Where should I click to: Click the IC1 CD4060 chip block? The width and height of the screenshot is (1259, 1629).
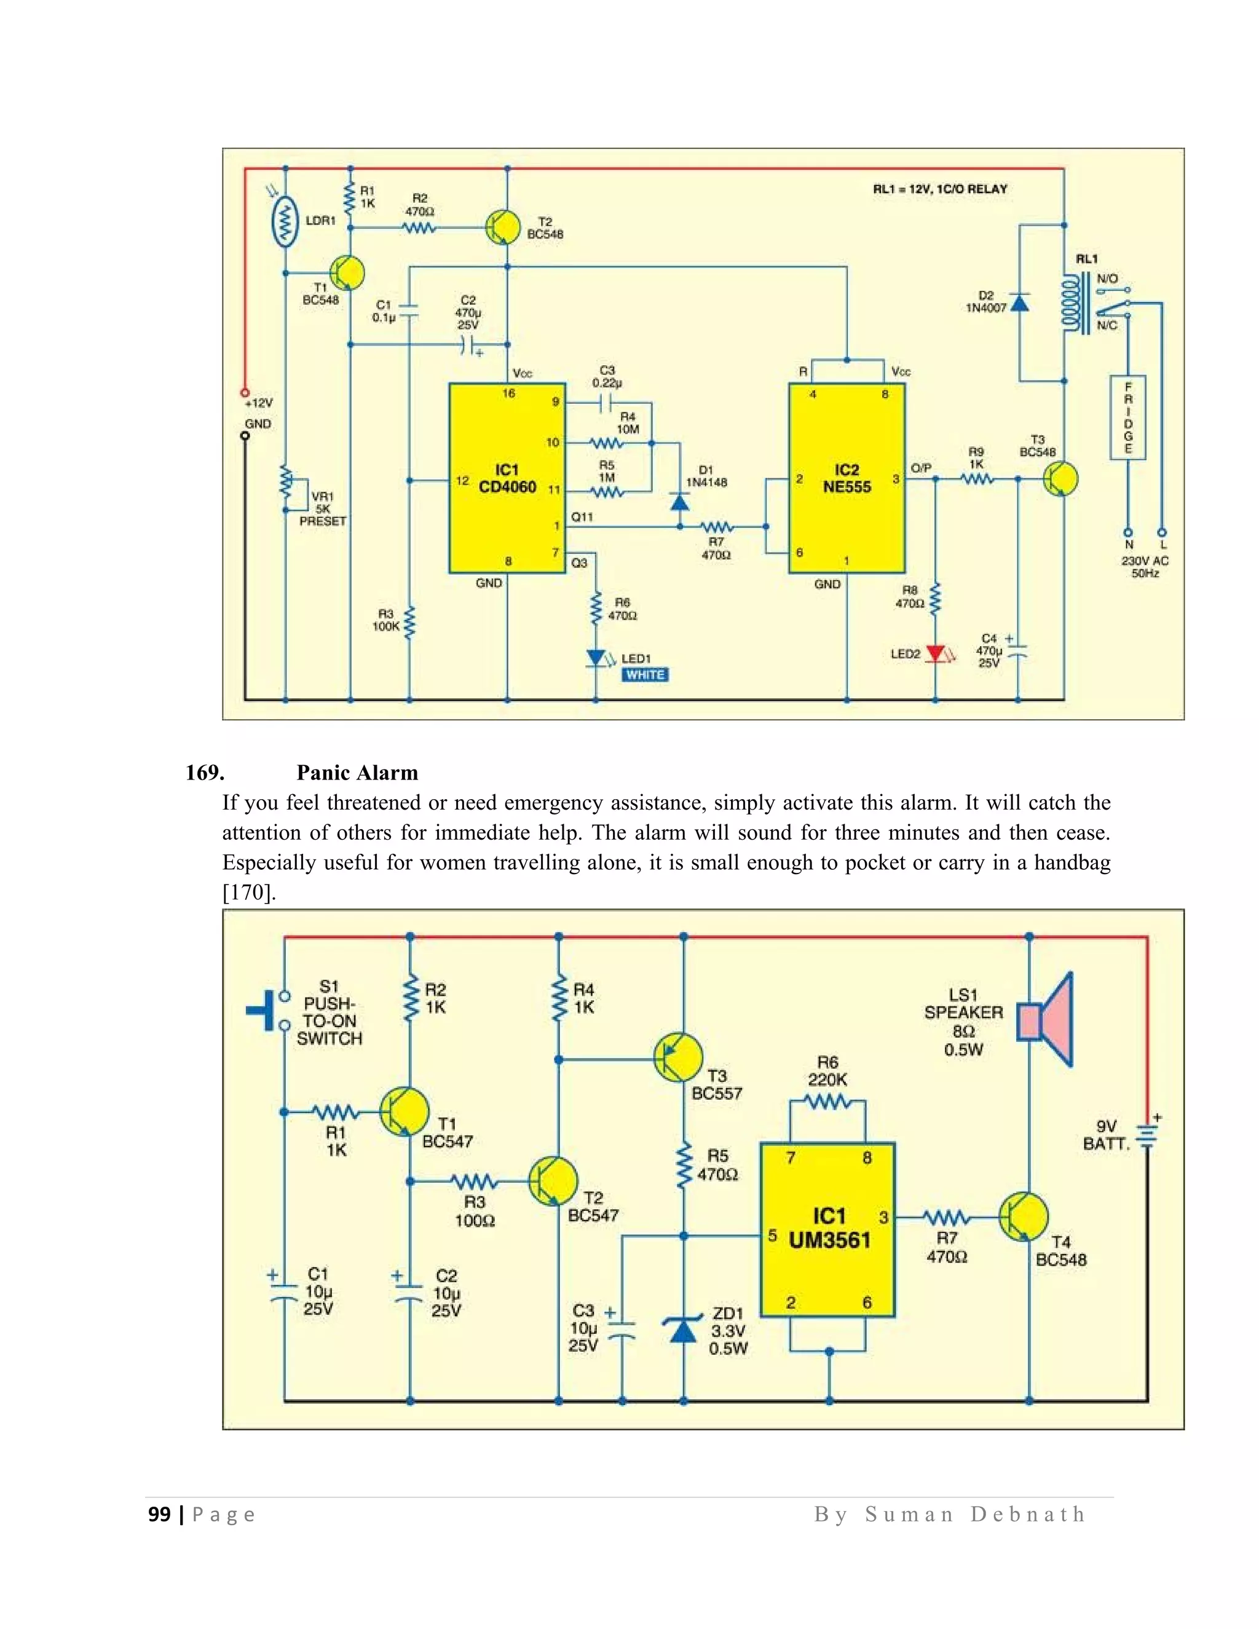(507, 478)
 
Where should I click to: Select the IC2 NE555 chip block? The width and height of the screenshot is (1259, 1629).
(847, 478)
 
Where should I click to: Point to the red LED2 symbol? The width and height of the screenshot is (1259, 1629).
(935, 654)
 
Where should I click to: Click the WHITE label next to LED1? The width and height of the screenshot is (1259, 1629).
(645, 675)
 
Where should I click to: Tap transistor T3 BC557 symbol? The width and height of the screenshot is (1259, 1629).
(677, 1057)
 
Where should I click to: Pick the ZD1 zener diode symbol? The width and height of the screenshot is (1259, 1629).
(683, 1330)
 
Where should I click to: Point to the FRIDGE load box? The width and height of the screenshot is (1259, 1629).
(1127, 417)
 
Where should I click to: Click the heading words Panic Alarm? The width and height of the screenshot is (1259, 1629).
(357, 772)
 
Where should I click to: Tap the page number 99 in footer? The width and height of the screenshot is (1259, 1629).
(159, 1514)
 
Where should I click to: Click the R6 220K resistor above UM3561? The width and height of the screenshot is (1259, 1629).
(827, 1102)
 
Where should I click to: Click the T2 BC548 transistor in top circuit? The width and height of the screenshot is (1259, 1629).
(503, 227)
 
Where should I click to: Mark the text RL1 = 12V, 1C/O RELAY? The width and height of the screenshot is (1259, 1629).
(940, 189)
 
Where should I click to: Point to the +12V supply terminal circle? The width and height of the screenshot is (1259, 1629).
(245, 392)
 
